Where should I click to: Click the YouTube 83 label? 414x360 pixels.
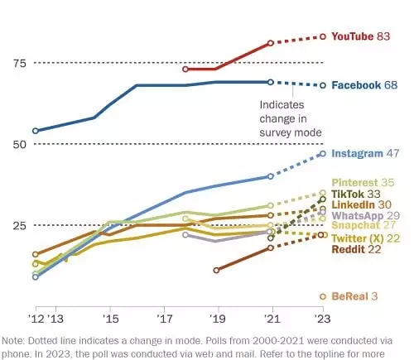pyautogui.click(x=362, y=37)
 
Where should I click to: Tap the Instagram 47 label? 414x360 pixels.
pyautogui.click(x=366, y=154)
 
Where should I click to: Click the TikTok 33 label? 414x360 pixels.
pyautogui.click(x=359, y=194)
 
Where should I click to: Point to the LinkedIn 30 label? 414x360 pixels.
pyautogui.click(x=362, y=204)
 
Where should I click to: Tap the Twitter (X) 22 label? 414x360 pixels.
pyautogui.click(x=366, y=238)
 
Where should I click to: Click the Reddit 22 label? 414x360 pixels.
pyautogui.click(x=357, y=250)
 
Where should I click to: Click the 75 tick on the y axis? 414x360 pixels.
pyautogui.click(x=18, y=64)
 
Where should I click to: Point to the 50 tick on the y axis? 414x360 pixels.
pyautogui.click(x=18, y=144)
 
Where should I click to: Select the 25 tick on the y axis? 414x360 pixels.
pyautogui.click(x=18, y=225)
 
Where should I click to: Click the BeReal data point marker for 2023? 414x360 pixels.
pyautogui.click(x=323, y=296)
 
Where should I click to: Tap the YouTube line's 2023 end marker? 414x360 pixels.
pyautogui.click(x=323, y=37)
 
